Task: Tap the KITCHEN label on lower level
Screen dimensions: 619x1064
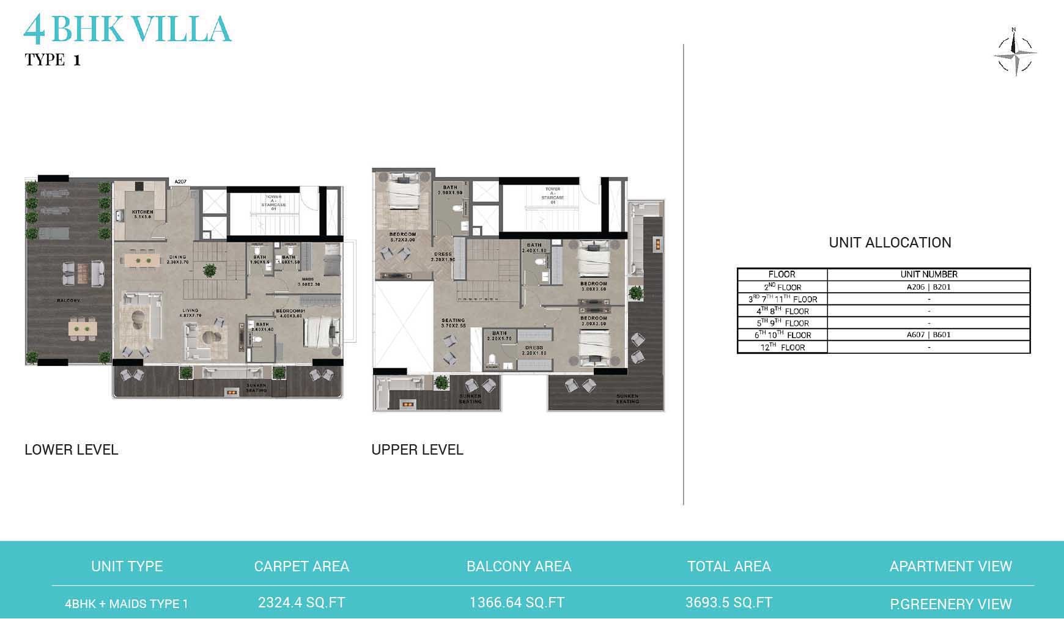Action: point(142,214)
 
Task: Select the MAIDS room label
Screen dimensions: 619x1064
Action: point(309,281)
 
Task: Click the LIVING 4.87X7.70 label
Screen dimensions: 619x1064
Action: point(190,313)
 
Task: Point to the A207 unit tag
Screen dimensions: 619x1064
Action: point(180,181)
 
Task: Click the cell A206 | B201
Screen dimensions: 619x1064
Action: point(928,287)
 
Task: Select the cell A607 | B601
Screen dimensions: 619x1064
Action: point(928,335)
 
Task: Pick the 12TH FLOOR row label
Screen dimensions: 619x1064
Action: point(782,347)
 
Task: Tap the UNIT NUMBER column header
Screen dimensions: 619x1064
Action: point(928,274)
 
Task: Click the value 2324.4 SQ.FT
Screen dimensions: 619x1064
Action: point(301,603)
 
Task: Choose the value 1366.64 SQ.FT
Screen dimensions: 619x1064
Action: point(517,603)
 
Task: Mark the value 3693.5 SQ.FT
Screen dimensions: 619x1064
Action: point(728,603)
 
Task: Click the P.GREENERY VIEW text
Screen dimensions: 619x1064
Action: point(950,604)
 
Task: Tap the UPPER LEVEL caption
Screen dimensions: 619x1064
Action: point(417,450)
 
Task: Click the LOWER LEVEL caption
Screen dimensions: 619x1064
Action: point(71,450)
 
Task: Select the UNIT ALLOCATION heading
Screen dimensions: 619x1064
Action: point(890,243)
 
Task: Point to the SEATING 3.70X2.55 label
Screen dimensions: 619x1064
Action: point(453,323)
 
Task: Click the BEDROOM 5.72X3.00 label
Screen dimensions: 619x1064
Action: point(402,237)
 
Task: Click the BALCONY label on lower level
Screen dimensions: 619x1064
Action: point(68,301)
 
